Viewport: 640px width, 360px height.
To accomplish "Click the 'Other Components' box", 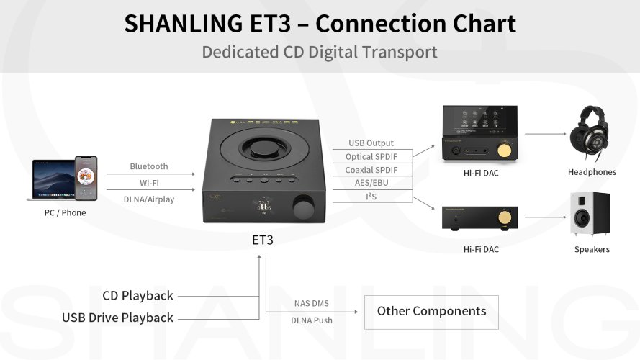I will [x=431, y=311].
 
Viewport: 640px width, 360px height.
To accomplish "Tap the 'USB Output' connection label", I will [x=371, y=143].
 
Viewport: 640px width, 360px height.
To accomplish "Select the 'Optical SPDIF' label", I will [x=371, y=156].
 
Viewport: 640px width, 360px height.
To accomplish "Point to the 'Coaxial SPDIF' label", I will [x=371, y=170].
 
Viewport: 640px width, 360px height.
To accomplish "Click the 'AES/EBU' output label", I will [x=371, y=183].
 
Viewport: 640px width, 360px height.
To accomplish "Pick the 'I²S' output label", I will [x=371, y=196].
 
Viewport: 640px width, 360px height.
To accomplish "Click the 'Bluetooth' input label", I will [x=149, y=166].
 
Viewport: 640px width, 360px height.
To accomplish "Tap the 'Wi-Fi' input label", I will [x=149, y=183].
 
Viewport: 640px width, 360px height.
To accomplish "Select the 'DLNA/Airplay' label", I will [x=149, y=199].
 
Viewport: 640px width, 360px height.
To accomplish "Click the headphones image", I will [x=591, y=134].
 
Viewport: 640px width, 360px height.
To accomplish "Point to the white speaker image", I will [x=590, y=214].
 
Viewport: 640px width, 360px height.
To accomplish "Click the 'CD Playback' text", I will [x=138, y=296].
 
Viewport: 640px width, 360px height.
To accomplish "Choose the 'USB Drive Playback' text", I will [x=117, y=318].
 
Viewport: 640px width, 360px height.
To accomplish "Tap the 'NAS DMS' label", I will [x=312, y=304].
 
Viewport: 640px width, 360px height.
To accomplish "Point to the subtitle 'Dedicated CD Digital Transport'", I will [x=320, y=52].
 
